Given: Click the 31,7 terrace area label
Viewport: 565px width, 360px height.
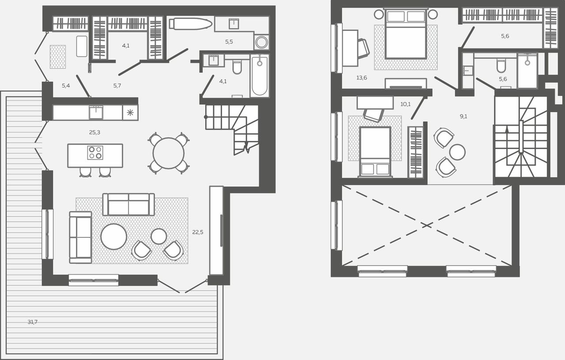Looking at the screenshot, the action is tap(33, 322).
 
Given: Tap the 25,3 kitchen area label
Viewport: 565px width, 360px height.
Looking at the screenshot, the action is tap(94, 132).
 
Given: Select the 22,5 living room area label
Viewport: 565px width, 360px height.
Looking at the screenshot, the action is tap(198, 232).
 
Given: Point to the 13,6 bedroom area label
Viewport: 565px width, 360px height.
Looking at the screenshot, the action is tap(362, 78).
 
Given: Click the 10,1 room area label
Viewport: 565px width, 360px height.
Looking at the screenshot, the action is tap(405, 104).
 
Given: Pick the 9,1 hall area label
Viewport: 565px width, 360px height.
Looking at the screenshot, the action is tap(463, 116).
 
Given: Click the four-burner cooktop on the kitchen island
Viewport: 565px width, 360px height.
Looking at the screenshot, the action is tap(95, 153).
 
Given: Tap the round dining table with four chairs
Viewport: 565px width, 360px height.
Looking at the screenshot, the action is tap(169, 153).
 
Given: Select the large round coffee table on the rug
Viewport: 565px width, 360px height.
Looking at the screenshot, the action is tap(113, 236).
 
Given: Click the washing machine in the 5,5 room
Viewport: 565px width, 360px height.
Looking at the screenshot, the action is tap(261, 42).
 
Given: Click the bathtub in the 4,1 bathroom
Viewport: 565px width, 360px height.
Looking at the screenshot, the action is tap(260, 75).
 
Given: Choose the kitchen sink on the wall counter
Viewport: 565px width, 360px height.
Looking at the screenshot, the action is tap(96, 112).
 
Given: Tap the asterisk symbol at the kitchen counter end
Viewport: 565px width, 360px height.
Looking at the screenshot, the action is tap(130, 112).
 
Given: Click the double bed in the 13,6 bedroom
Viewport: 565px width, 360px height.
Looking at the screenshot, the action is tap(406, 34).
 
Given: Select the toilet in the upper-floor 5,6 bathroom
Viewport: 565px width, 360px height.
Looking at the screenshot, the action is tap(501, 66).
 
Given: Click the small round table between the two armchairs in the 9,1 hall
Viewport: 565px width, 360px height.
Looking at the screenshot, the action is tap(457, 152).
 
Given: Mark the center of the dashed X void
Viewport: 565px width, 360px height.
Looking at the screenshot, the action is tap(427, 225).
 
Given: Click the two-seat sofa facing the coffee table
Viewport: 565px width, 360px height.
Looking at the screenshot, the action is tap(128, 204).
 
